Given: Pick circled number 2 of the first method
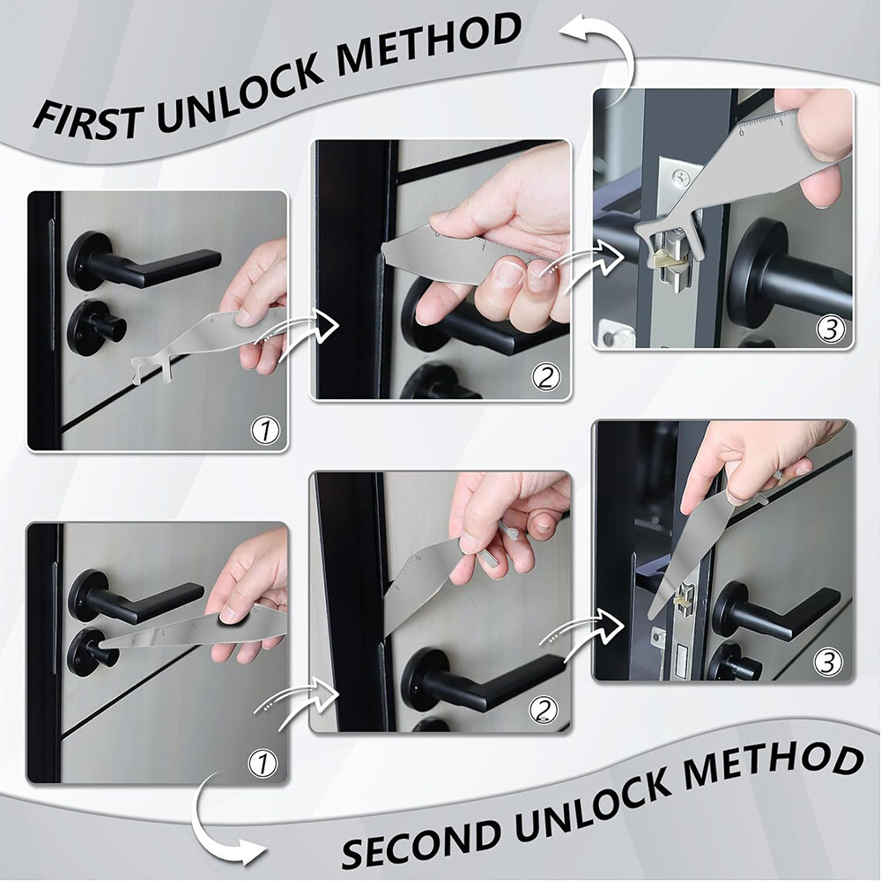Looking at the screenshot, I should [546, 378].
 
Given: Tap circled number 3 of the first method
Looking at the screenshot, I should [830, 329].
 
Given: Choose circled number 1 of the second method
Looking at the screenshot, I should [263, 763].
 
